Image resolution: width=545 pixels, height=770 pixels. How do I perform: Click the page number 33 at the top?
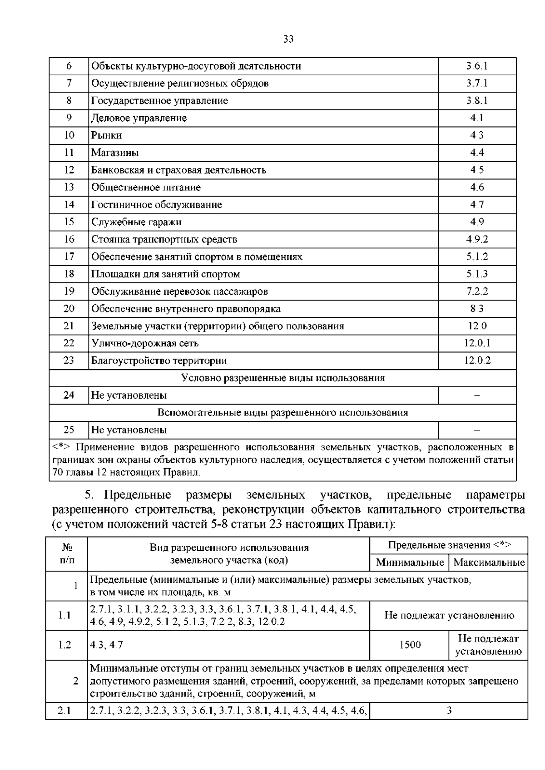(288, 39)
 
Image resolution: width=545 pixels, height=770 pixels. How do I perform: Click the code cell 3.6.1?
(477, 66)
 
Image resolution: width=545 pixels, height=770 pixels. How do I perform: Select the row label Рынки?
(107, 135)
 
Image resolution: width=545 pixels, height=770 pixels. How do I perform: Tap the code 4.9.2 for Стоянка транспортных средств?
(477, 239)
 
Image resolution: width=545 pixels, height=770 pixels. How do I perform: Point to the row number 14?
(69, 205)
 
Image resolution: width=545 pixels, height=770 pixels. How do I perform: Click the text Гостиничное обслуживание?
(157, 205)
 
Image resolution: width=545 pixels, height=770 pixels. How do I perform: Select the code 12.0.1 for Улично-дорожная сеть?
(477, 343)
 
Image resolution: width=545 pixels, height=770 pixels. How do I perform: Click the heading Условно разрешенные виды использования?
(282, 378)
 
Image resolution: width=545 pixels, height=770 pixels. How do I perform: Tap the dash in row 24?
(477, 395)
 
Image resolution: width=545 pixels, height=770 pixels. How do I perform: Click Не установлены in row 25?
(129, 430)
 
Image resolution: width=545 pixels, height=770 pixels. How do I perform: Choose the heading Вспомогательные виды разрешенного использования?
(282, 413)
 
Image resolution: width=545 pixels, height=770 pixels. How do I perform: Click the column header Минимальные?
(410, 563)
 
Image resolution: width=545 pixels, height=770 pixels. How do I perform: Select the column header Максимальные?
(489, 563)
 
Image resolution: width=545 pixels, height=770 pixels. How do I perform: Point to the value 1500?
(410, 645)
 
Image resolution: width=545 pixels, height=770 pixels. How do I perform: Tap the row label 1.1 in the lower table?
(65, 616)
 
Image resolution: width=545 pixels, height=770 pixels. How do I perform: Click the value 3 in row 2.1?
(449, 711)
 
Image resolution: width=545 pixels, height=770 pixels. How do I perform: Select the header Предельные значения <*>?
(449, 545)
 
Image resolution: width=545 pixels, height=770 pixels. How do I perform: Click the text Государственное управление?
(159, 101)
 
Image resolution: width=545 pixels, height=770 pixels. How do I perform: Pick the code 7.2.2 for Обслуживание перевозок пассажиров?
(477, 291)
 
